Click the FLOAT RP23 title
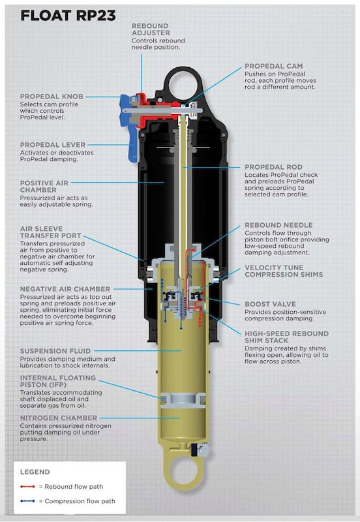point(68,16)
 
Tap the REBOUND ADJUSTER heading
point(151,29)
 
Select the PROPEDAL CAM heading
point(273,66)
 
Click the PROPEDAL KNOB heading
point(52,96)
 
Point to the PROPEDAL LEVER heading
point(53,145)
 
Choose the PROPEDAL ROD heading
point(273,167)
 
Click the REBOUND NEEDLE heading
point(278,225)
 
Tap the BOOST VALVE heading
point(270,304)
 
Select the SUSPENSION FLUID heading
point(55,351)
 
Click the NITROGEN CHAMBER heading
point(59,418)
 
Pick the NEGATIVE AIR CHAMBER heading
point(65,289)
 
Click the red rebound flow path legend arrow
point(27,487)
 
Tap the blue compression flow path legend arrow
point(27,501)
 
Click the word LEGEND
point(35,472)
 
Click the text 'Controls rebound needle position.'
point(158,44)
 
